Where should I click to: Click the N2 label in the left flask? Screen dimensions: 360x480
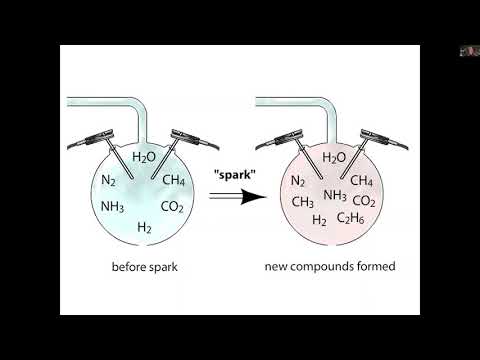point(110,181)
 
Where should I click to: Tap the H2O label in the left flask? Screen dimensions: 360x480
point(145,157)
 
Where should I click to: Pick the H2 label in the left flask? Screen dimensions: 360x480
point(145,229)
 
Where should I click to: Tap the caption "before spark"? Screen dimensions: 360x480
point(145,267)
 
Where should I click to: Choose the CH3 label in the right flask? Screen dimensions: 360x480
point(303,201)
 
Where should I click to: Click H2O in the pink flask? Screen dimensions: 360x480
point(334,157)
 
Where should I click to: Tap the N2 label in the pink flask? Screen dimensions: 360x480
point(298,181)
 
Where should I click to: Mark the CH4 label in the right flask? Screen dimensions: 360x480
point(362,181)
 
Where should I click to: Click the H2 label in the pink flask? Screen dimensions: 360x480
point(320,220)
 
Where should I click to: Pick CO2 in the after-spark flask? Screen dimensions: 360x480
point(364,200)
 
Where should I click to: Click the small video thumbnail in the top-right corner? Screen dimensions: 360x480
point(467,50)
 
